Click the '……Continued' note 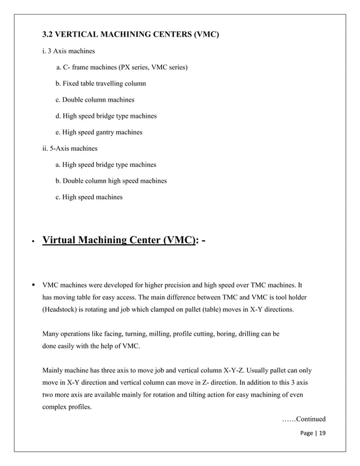(304, 419)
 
